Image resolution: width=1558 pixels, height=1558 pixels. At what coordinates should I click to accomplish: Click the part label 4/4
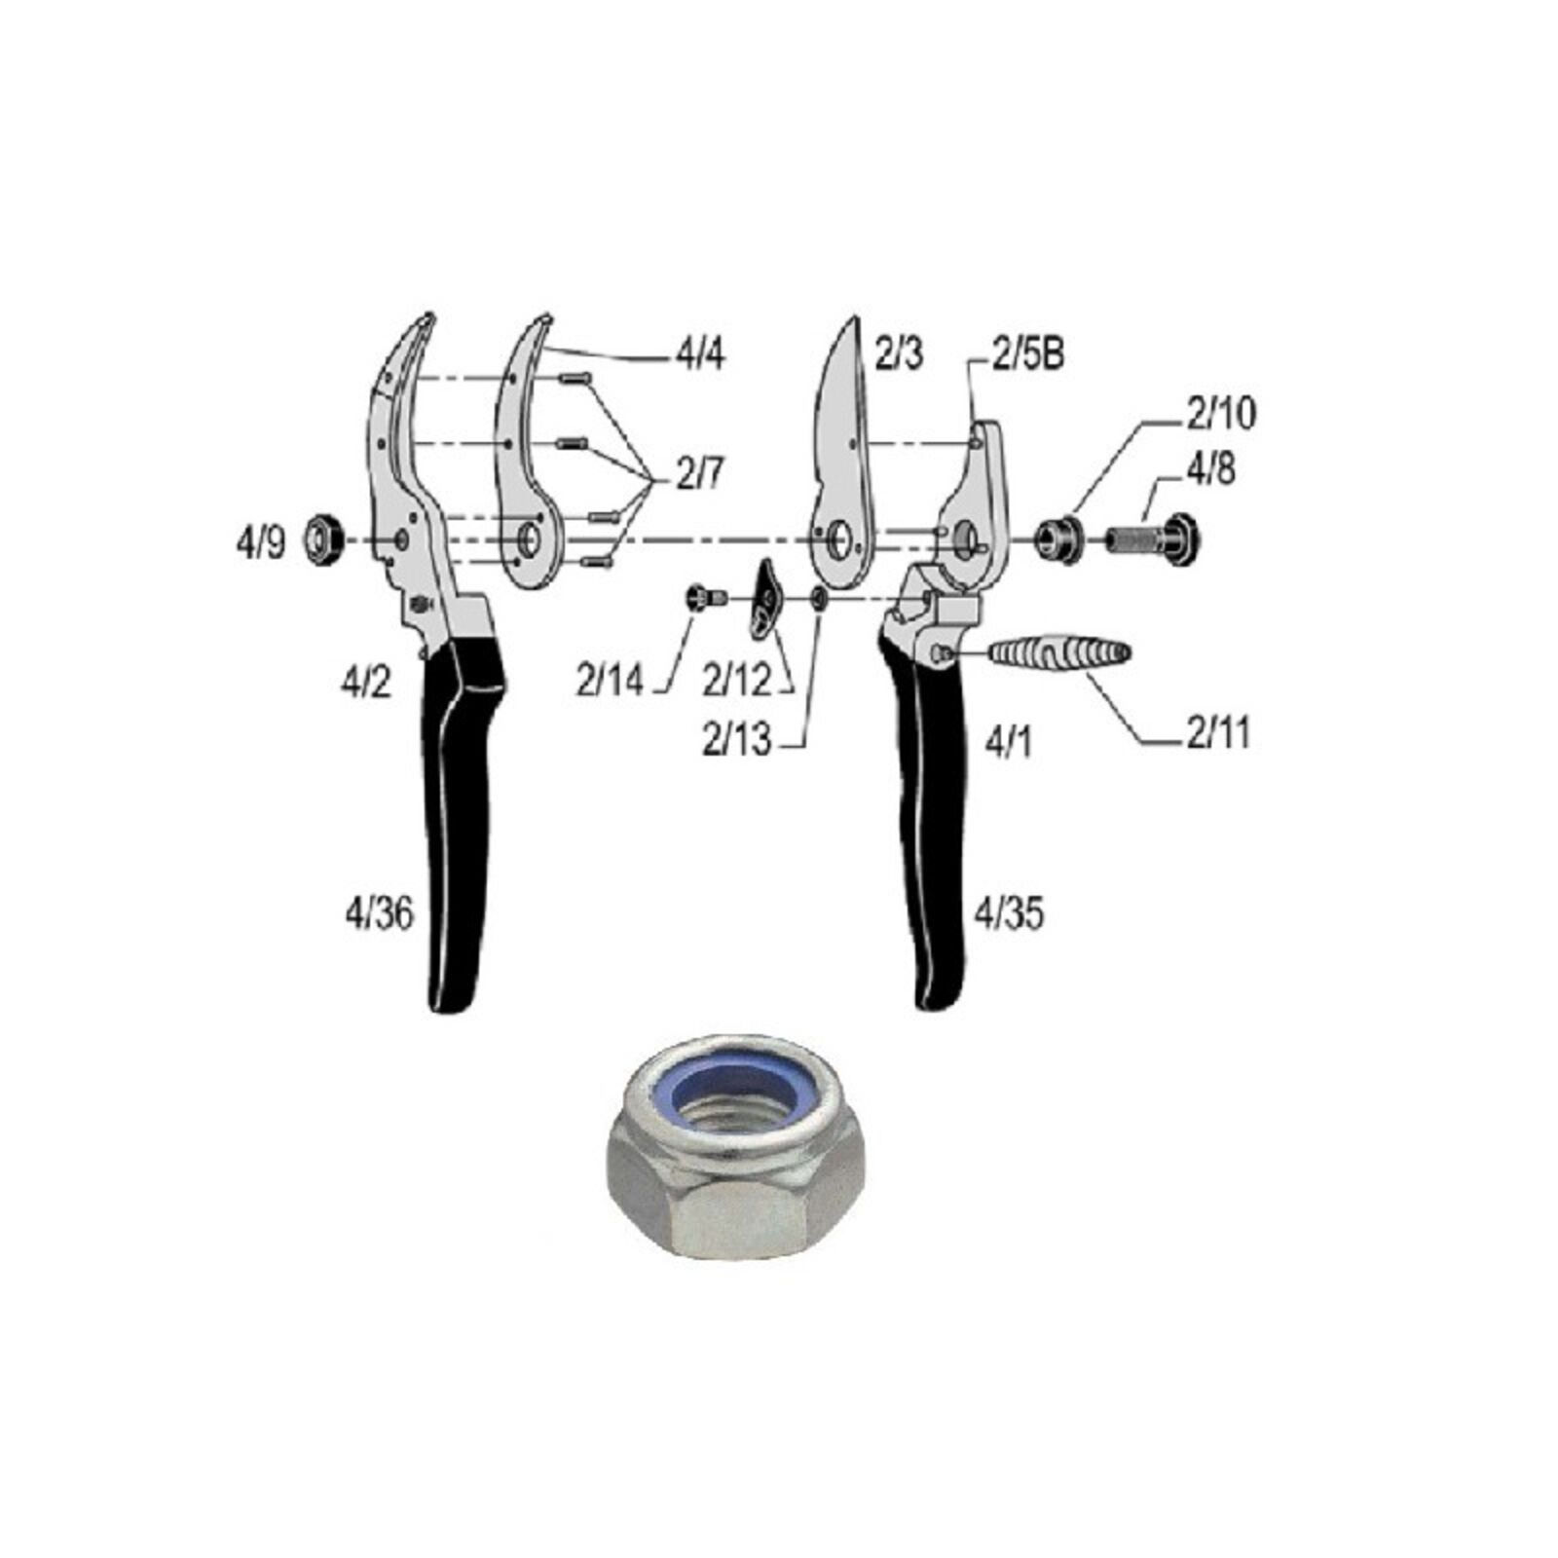coord(700,355)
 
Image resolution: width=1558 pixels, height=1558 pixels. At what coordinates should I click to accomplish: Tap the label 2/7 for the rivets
coord(699,474)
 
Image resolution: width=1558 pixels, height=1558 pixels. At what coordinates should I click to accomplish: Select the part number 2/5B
coord(1027,354)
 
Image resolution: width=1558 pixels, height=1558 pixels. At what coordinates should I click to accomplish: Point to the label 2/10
coord(1221,414)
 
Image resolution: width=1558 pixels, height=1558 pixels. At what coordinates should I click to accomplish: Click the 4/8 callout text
coord(1209,469)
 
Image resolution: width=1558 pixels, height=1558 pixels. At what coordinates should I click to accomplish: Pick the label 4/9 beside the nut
coord(261,542)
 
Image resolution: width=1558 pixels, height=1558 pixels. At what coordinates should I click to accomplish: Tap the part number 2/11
coord(1217,732)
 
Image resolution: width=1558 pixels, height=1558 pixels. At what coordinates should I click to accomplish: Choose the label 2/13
coord(736,741)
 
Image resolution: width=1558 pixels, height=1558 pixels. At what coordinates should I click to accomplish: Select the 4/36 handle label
coord(379,913)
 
